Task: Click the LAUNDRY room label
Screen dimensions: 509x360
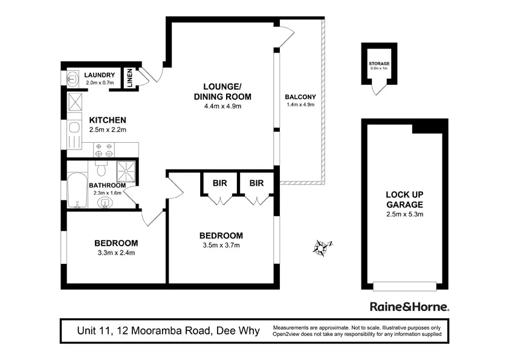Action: [99, 75]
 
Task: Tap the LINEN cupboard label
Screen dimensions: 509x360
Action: [130, 78]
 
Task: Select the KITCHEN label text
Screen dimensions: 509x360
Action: [108, 120]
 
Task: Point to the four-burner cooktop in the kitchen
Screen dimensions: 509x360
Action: [104, 150]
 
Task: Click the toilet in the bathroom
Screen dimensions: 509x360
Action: [102, 168]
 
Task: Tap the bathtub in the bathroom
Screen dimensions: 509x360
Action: [77, 190]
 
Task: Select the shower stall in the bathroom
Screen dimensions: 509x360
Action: [126, 171]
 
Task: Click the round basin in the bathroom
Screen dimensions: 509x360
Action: [105, 203]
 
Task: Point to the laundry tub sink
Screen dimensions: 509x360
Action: [73, 79]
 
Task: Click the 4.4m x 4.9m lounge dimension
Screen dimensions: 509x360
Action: [222, 106]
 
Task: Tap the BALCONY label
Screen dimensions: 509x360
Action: [300, 97]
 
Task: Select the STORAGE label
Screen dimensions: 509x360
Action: [379, 64]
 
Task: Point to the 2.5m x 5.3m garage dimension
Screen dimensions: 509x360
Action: [405, 214]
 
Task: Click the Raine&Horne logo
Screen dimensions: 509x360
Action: [410, 307]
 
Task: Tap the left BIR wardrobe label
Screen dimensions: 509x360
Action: [220, 183]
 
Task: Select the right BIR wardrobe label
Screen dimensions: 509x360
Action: [256, 183]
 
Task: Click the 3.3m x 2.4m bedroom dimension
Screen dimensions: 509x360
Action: [116, 253]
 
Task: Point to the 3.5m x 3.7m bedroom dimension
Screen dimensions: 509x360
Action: [221, 245]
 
